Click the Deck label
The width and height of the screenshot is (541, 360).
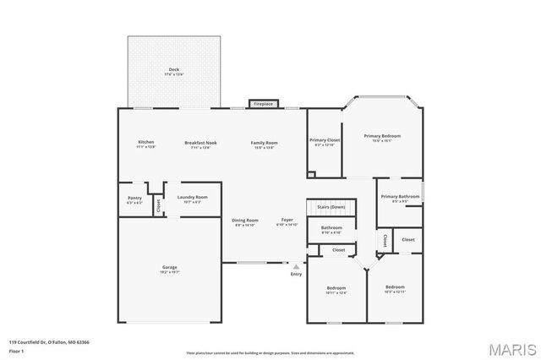tap(173, 70)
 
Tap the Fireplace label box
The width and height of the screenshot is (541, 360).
tap(263, 104)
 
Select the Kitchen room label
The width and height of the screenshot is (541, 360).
tap(146, 143)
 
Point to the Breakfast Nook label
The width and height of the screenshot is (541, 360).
tap(200, 143)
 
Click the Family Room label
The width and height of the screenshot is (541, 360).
tap(265, 143)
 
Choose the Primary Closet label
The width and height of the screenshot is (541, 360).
tap(325, 140)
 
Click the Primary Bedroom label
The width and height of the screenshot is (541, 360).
tap(382, 136)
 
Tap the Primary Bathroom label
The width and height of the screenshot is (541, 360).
tap(400, 197)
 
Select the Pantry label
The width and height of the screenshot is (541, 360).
tap(134, 198)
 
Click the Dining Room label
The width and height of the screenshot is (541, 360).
tap(244, 221)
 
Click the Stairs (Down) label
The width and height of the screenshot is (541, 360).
tap(331, 206)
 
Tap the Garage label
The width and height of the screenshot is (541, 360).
tap(170, 268)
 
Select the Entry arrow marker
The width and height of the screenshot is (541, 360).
tap(296, 265)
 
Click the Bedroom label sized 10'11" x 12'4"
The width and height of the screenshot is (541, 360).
tap(336, 289)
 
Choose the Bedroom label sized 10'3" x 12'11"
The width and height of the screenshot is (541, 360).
tap(395, 287)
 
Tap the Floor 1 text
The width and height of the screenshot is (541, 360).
tap(17, 350)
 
